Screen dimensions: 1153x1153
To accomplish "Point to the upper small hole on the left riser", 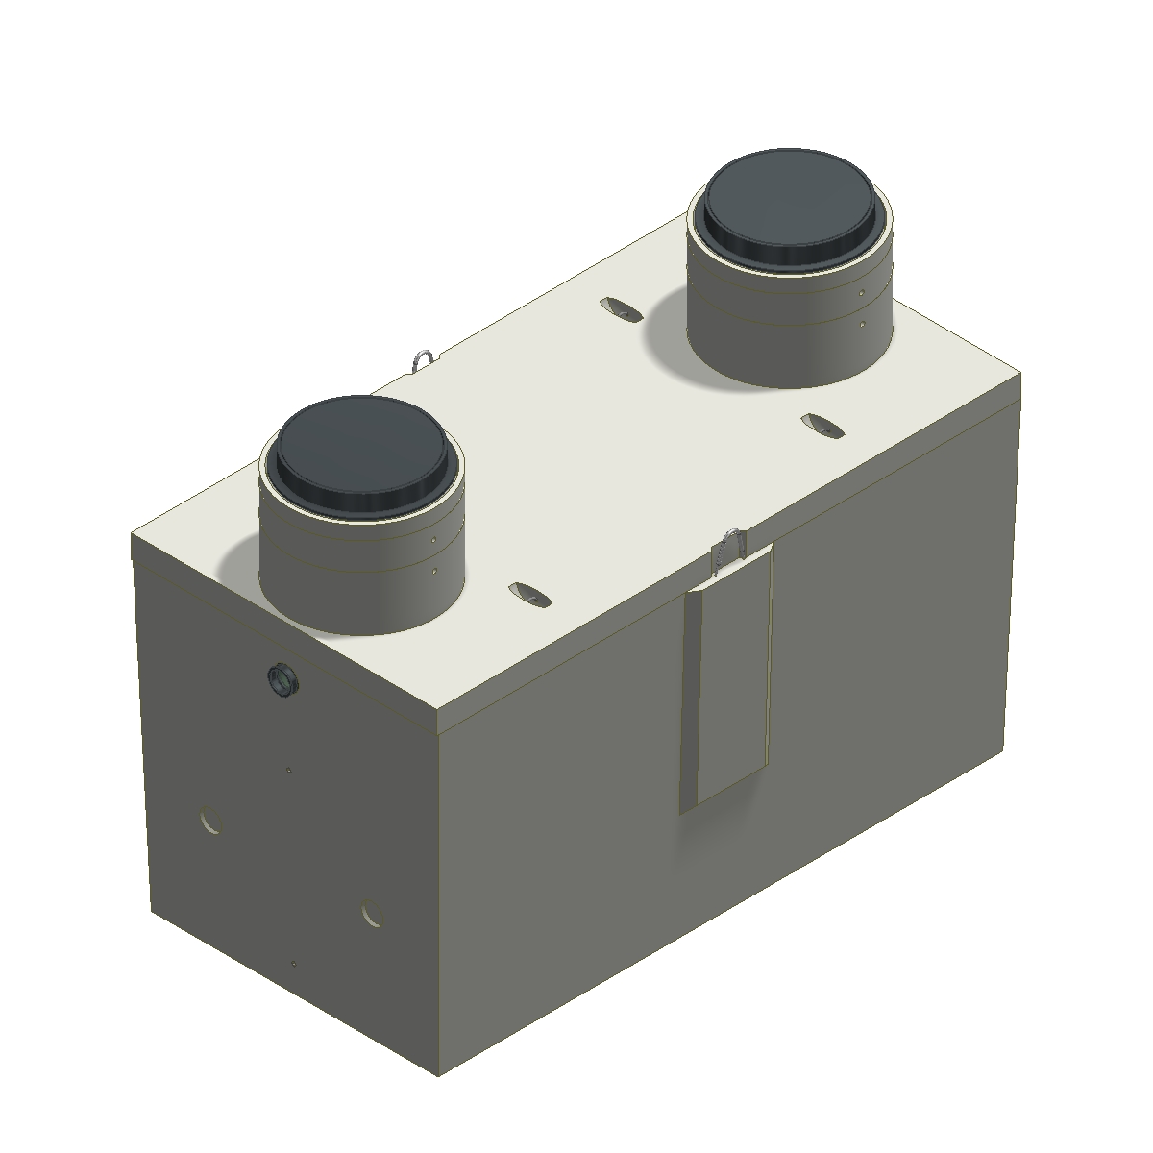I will tap(434, 539).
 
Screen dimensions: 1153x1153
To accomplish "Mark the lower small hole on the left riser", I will tap(434, 572).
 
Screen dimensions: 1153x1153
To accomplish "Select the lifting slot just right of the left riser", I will tap(529, 593).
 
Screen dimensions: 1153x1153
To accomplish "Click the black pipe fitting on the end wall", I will tap(282, 680).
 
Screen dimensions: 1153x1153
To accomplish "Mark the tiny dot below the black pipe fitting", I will tap(289, 769).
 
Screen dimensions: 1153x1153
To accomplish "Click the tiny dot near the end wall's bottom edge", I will tap(293, 963).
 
